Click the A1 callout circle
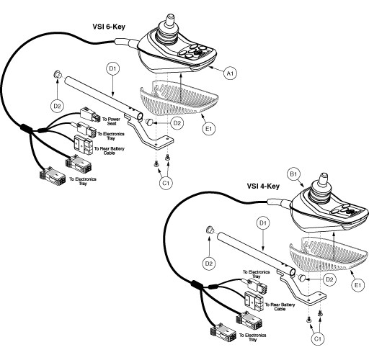(x=230, y=73)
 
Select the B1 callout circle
(x=294, y=174)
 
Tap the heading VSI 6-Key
(x=109, y=27)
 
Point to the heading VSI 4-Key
(x=263, y=186)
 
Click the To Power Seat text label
(x=111, y=121)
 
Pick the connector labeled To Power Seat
(x=90, y=114)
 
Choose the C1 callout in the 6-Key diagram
(x=166, y=183)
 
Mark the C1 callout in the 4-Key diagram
(x=318, y=338)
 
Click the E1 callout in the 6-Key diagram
(x=209, y=129)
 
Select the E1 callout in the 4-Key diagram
(x=357, y=285)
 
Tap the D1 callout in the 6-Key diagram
(x=112, y=68)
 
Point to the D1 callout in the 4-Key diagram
(x=263, y=223)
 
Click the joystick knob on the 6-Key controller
(x=171, y=20)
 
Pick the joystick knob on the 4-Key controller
(x=323, y=178)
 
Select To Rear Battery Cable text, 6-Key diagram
(x=110, y=150)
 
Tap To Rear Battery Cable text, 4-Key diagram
(x=280, y=307)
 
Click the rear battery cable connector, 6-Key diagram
(x=83, y=145)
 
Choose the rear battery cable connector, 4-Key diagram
(x=254, y=302)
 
